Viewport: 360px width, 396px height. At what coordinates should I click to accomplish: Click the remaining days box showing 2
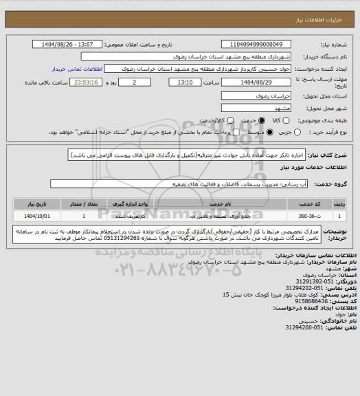click(133, 82)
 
